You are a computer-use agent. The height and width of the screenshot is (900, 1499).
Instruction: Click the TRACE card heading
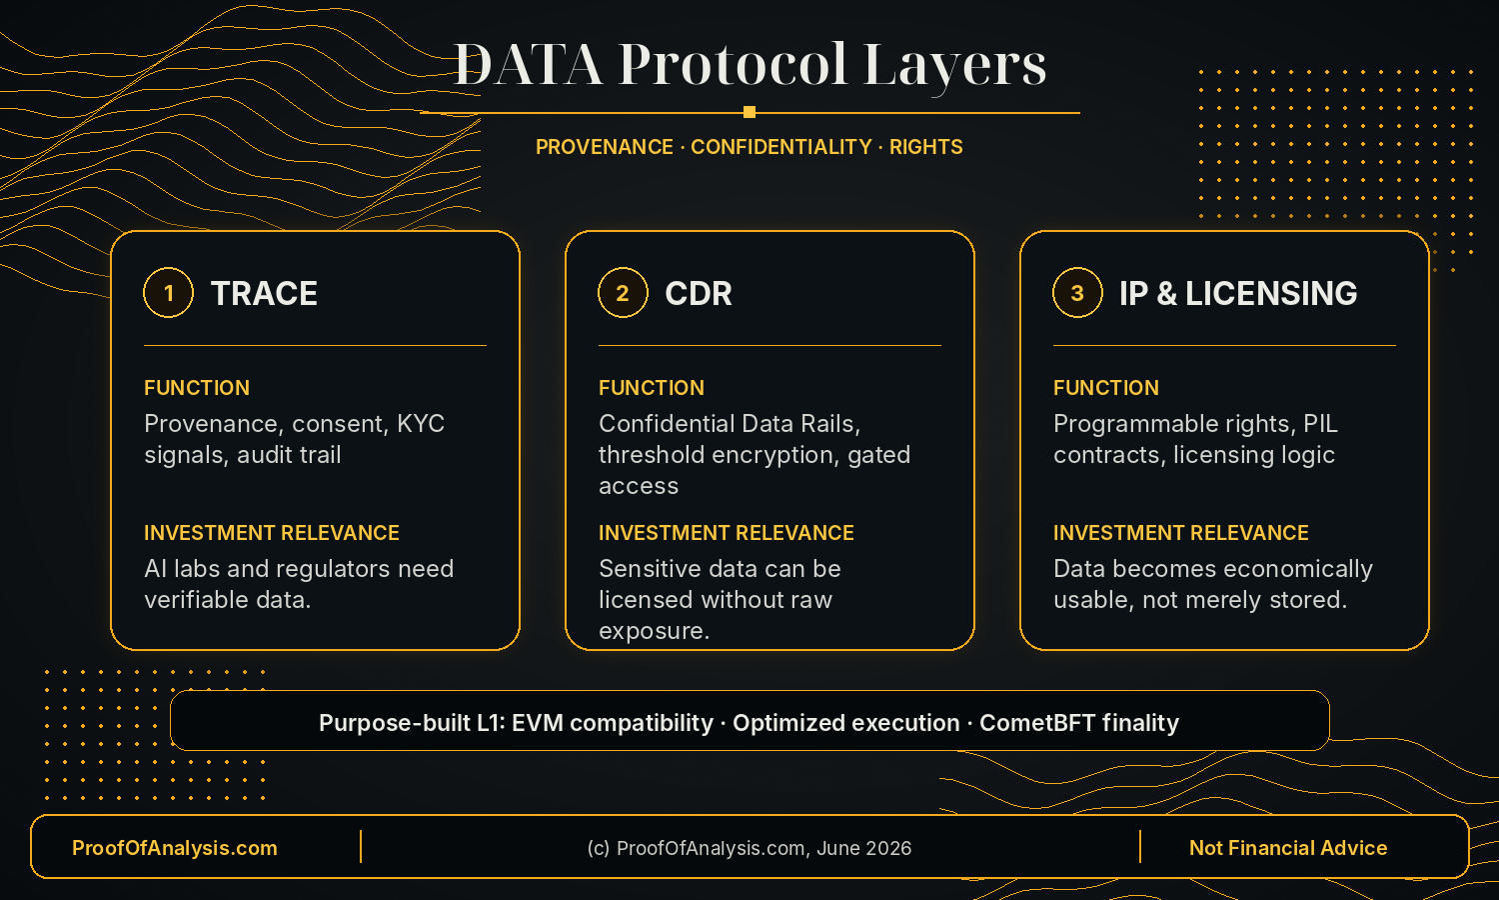264,293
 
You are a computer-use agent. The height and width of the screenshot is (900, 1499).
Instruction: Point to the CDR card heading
698,293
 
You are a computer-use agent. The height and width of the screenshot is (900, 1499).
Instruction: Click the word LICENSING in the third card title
1271,293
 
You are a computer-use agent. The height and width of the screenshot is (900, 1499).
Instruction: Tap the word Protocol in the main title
733,64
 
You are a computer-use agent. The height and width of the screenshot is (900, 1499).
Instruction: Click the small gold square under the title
749,112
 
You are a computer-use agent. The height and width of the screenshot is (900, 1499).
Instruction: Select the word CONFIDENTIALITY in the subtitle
780,147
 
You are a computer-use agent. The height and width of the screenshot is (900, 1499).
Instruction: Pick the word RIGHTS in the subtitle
925,147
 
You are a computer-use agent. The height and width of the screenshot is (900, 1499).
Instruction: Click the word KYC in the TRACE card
421,423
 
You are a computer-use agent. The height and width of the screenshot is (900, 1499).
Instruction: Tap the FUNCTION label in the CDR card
652,388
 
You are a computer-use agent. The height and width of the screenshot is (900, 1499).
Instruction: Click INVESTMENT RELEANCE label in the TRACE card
272,532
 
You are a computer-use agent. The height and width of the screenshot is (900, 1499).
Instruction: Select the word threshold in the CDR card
652,455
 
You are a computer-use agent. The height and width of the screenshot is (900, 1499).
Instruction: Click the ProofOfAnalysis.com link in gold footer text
175,848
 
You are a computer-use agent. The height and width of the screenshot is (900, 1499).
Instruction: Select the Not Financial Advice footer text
1288,848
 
